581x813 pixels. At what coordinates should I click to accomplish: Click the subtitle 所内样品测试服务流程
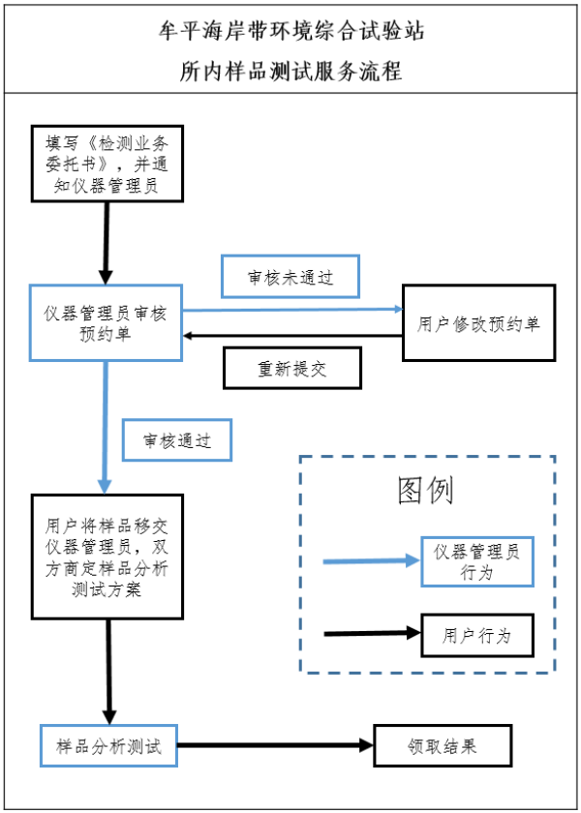(290, 72)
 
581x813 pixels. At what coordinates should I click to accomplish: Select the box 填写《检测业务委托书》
(107, 162)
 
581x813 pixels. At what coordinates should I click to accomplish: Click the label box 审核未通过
(290, 277)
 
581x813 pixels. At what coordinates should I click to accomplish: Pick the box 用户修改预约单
(479, 323)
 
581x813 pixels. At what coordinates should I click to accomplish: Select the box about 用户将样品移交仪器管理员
(107, 557)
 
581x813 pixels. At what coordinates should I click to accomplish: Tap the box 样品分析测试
(107, 746)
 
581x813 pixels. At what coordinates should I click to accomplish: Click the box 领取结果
(443, 745)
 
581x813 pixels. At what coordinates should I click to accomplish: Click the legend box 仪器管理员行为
(477, 561)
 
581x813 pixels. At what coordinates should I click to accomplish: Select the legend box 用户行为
(477, 635)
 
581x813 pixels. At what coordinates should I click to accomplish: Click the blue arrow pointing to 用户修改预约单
(290, 311)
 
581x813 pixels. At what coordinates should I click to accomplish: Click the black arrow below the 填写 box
(106, 243)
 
